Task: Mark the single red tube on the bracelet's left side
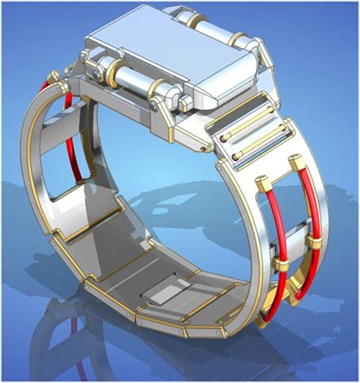(x=71, y=129)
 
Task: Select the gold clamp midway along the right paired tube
(x=313, y=241)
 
